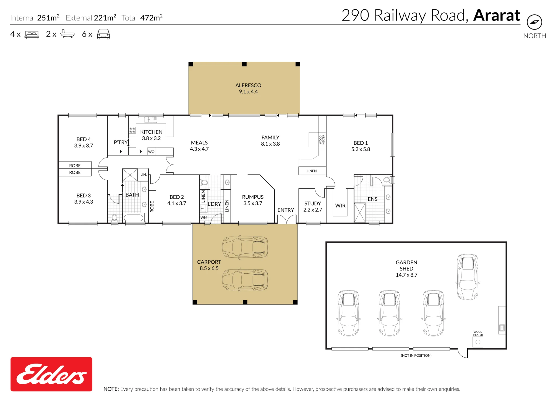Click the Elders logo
pos(51,374)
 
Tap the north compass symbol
pos(534,22)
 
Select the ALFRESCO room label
pos(248,85)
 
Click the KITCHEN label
pos(151,132)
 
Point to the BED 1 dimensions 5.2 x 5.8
pos(361,149)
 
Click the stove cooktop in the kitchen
pos(132,130)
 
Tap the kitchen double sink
pos(151,120)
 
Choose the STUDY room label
pos(313,203)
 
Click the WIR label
pos(340,206)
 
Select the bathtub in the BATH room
pos(134,218)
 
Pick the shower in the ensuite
pos(360,212)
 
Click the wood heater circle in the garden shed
pos(478,342)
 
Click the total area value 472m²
pos(151,18)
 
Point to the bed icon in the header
pos(32,34)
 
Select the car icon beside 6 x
pos(103,34)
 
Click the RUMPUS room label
pos(253,197)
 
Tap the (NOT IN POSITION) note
pos(416,356)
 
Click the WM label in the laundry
pos(204,217)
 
